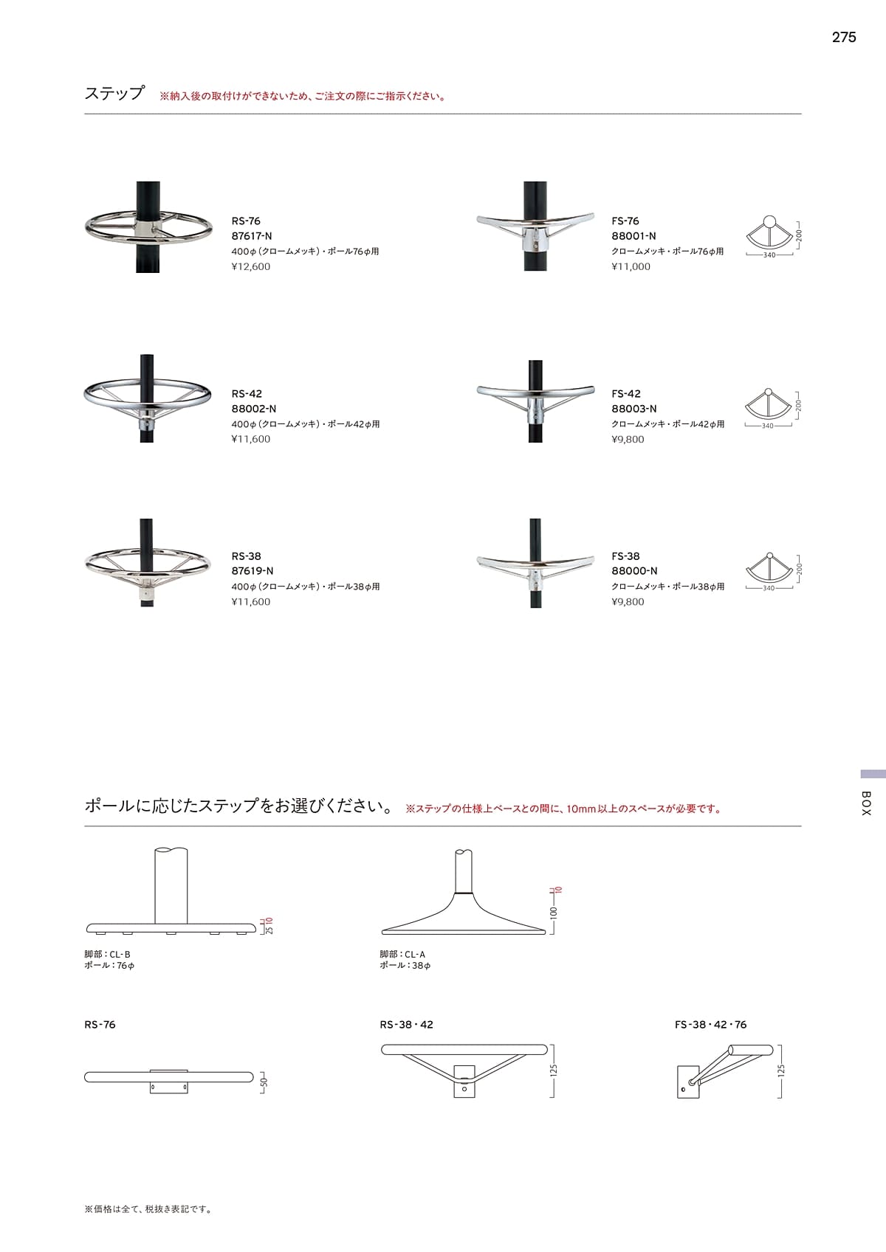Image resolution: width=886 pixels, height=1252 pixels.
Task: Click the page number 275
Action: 843,38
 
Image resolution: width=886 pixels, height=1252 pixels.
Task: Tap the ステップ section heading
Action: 114,94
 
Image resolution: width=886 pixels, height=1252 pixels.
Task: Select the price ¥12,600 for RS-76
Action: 251,266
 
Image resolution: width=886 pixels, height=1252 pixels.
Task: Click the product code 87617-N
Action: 252,236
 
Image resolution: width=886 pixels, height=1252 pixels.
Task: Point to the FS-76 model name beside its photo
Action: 625,221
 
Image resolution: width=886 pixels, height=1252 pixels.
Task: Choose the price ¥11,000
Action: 631,266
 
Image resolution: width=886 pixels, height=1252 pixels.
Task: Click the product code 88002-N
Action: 254,409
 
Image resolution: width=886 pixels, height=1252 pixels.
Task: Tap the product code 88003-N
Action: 634,409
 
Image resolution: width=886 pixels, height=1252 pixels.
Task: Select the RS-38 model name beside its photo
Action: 247,556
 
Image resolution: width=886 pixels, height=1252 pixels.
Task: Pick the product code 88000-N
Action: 634,571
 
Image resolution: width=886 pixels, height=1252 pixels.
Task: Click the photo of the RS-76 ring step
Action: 148,226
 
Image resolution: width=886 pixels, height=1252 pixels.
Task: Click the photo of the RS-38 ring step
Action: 148,564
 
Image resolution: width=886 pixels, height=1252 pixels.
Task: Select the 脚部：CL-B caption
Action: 108,955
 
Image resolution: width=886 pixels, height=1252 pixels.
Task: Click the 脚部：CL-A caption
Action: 402,955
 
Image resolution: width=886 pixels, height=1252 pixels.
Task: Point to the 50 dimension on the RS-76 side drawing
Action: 265,1082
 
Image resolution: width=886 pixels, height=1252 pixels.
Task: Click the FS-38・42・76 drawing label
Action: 710,1025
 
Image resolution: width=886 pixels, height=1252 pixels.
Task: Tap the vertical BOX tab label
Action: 866,803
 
